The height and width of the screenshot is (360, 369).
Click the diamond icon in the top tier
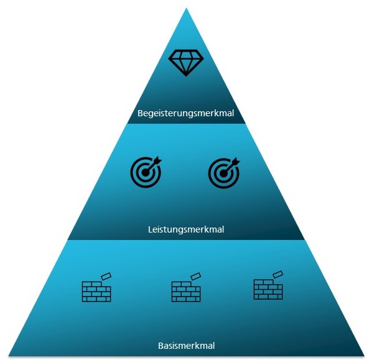point(186,63)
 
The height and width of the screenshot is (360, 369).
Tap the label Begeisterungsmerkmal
point(185,113)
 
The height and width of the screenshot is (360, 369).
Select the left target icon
point(146,172)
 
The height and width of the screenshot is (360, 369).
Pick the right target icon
point(224,173)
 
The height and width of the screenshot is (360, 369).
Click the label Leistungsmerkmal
point(186,229)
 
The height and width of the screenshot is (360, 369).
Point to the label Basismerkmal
point(187,346)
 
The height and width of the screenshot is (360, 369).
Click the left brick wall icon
point(96,287)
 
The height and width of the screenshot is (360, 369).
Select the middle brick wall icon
point(186,287)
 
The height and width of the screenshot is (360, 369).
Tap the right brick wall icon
point(268,285)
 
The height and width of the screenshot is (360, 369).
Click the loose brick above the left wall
point(106,276)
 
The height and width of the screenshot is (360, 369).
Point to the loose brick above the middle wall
point(196,276)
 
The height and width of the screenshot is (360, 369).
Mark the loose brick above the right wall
point(278,274)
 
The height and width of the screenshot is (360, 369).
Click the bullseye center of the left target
point(146,173)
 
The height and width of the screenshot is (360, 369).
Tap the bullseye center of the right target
point(223,173)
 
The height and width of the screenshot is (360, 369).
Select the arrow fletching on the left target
point(157,160)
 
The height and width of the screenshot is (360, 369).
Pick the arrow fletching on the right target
point(236,162)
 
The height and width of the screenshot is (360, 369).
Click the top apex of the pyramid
point(186,7)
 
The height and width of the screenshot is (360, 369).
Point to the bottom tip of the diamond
point(186,76)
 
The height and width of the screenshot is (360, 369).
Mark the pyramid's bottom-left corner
point(9,356)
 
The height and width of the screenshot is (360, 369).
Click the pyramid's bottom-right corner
point(364,356)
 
